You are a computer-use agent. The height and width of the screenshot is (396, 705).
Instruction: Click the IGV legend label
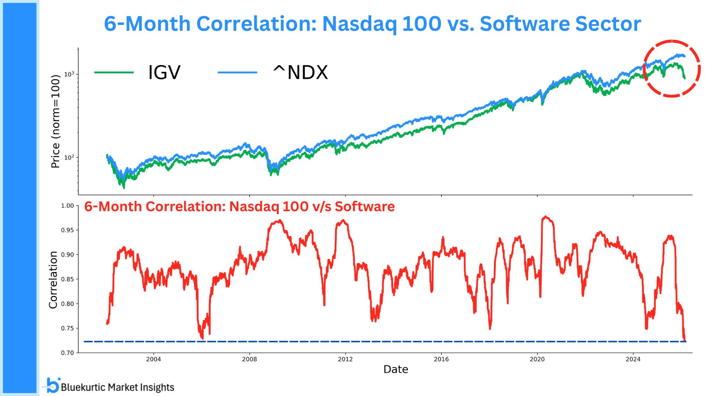click(164, 72)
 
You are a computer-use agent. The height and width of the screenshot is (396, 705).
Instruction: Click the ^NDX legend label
click(300, 72)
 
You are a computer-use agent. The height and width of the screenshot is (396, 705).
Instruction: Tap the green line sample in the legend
click(114, 73)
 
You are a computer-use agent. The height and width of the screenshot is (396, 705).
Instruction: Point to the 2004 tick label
click(153, 359)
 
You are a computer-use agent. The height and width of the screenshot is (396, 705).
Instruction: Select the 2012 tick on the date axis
click(345, 359)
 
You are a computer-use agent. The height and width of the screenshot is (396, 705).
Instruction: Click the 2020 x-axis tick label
click(537, 359)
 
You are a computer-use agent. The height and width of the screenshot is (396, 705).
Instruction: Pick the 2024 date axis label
click(633, 359)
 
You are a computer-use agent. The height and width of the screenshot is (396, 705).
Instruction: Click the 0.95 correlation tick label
click(67, 230)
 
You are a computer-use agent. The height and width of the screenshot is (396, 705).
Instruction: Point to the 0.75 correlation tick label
click(67, 329)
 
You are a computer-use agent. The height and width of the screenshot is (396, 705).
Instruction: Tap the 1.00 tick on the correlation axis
click(67, 206)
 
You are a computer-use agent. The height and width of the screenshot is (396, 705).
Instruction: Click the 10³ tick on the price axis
click(69, 74)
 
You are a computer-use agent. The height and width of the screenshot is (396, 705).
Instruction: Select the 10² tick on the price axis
click(69, 158)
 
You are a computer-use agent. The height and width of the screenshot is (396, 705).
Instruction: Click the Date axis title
click(395, 369)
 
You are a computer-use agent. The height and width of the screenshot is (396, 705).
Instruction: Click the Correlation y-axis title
click(54, 280)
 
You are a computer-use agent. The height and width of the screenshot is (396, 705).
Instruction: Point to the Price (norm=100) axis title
click(55, 121)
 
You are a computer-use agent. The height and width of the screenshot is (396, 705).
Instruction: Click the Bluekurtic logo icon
click(53, 385)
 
